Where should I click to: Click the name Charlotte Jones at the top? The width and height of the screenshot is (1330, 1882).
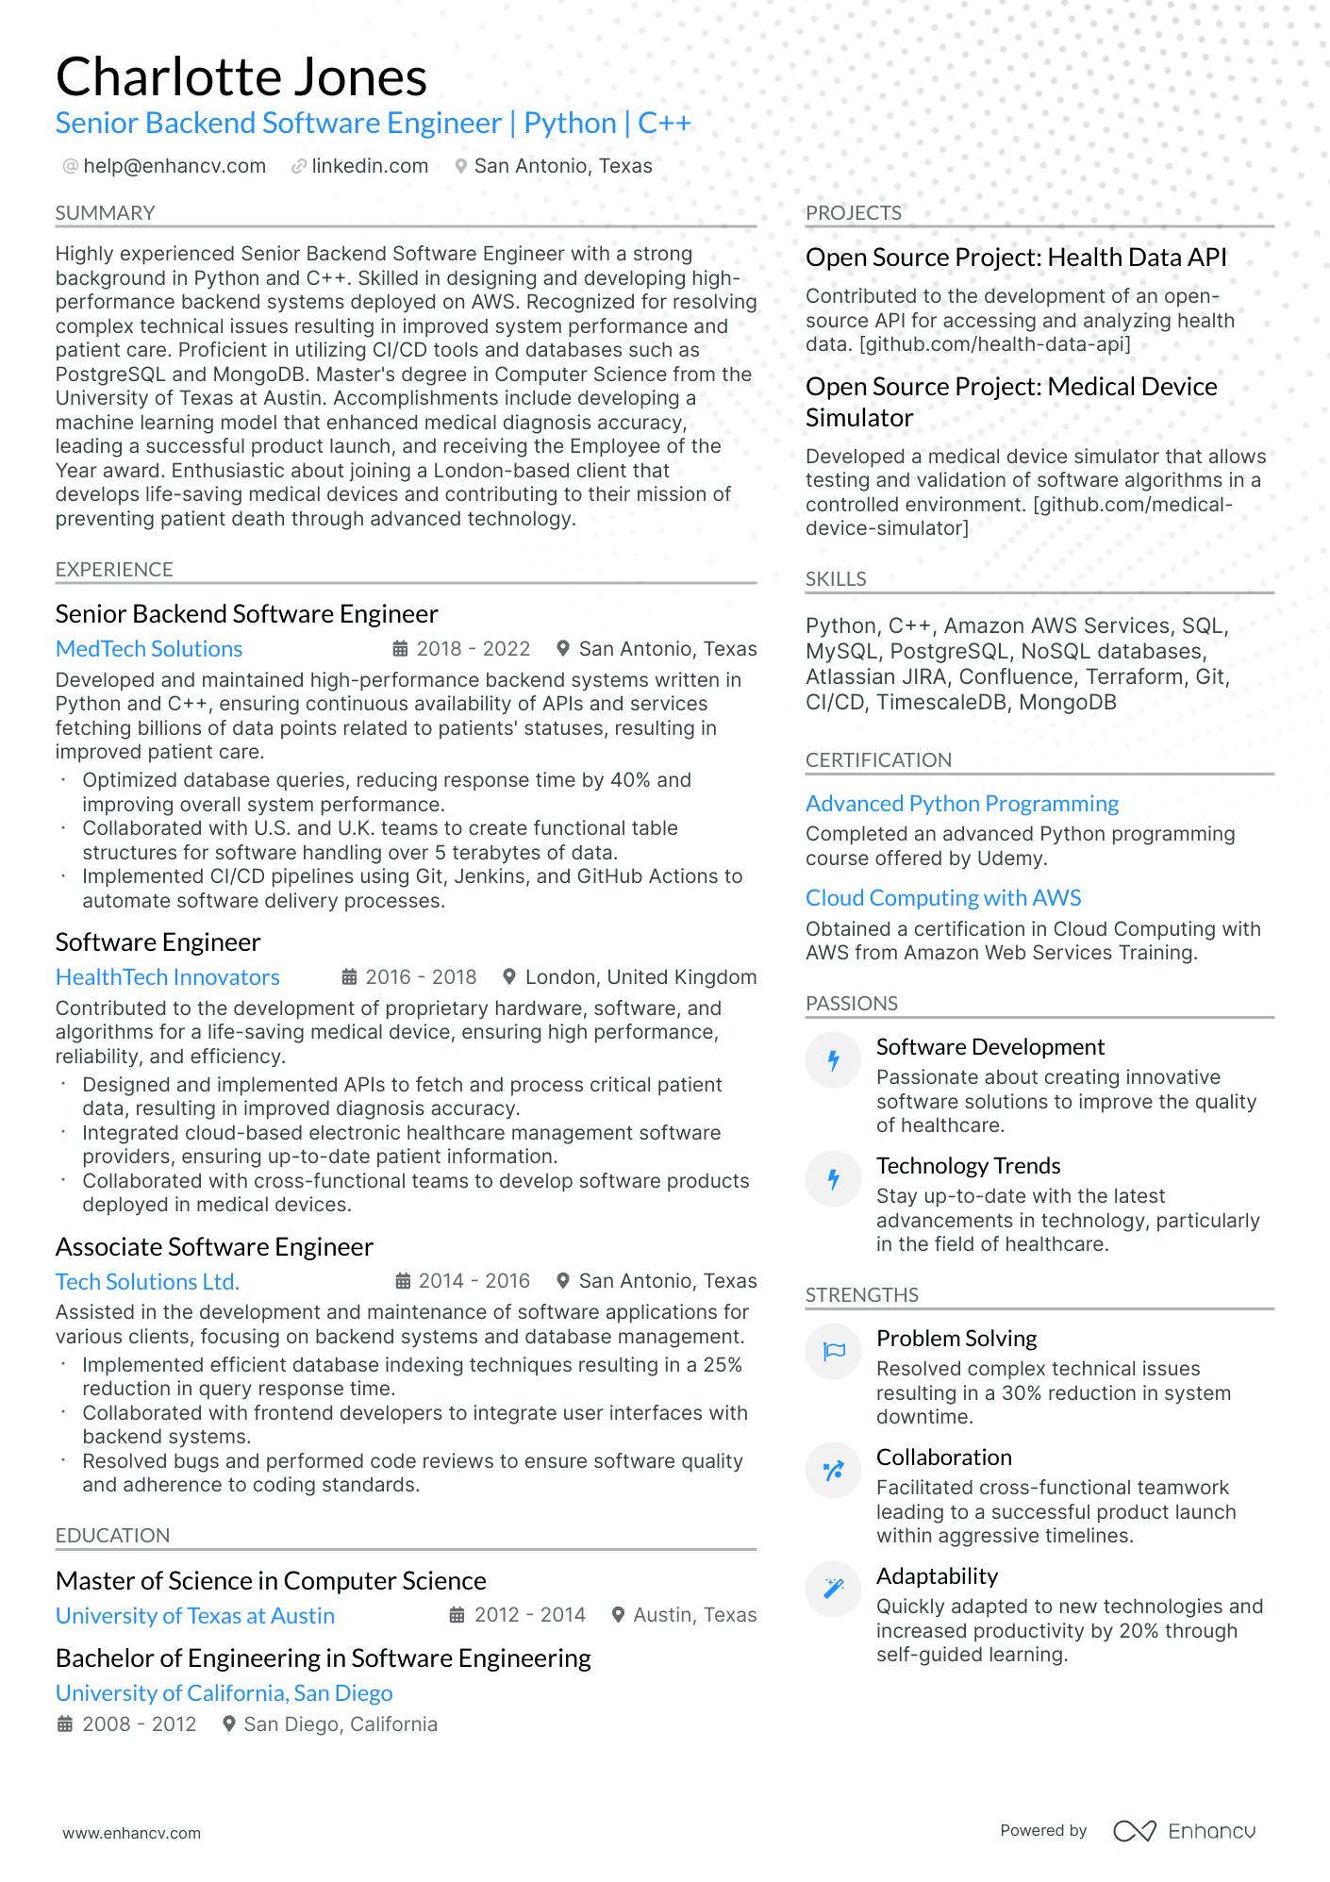coord(241,77)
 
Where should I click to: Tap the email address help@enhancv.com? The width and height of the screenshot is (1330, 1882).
coord(175,166)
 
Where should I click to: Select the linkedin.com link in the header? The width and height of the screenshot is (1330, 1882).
coord(370,166)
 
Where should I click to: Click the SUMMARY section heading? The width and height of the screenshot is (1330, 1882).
coord(105,213)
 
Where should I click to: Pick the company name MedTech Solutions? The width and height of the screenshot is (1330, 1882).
coord(149,649)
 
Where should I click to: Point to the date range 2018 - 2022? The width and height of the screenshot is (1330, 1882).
coord(474,649)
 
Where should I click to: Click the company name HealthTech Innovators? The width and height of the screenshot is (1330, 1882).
coord(168,977)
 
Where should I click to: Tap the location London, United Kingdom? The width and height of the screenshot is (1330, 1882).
coord(640,977)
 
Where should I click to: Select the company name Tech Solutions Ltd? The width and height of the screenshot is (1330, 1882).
coord(147,1282)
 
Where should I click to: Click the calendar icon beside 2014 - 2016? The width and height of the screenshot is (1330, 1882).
coord(403,1281)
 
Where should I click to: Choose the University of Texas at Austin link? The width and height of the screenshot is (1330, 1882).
coord(195,1616)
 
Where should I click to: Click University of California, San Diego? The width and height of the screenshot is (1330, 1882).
coord(224,1693)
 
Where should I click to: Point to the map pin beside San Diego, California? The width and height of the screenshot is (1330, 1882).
coord(228,1724)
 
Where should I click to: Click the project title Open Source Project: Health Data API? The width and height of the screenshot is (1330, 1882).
coord(1016,258)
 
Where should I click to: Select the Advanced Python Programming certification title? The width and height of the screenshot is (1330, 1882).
coord(962,804)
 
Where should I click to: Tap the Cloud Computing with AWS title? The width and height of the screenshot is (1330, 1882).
coord(943,898)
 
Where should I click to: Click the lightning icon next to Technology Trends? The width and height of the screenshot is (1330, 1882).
coord(834,1179)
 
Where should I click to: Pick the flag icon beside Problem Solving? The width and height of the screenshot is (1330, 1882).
coord(834,1351)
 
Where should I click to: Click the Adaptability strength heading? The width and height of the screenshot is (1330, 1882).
coord(937,1576)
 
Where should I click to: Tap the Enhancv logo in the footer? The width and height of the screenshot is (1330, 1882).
coord(1184,1831)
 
